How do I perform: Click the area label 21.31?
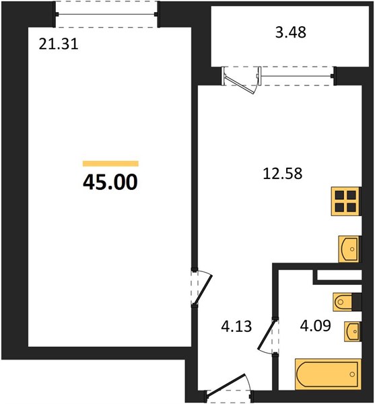click(59, 44)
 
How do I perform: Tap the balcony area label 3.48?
click(291, 32)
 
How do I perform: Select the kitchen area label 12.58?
click(283, 174)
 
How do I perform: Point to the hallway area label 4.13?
click(236, 326)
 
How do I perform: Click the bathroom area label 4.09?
click(316, 325)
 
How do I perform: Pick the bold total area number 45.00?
click(110, 182)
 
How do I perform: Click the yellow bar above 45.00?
click(110, 164)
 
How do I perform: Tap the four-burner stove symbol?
click(345, 201)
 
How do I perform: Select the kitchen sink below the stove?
click(349, 249)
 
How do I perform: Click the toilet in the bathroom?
click(343, 302)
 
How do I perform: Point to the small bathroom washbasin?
click(352, 331)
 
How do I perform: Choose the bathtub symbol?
click(328, 374)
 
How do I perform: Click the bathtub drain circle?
click(352, 374)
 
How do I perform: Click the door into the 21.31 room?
click(203, 289)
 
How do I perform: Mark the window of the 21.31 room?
click(106, 14)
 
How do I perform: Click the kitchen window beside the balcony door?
click(297, 76)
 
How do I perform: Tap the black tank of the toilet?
click(357, 302)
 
